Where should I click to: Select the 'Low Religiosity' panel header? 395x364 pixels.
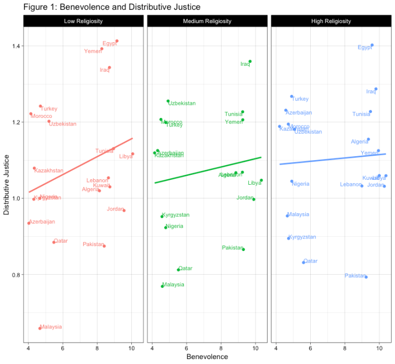[83, 21]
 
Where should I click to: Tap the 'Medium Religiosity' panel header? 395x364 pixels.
[207, 21]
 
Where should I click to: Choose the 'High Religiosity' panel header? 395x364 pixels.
[331, 21]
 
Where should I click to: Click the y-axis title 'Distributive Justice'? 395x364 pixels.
[7, 181]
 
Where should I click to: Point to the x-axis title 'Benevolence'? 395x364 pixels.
[207, 357]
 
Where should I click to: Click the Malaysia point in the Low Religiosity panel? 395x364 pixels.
[40, 328]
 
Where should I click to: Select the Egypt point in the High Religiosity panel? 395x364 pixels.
[372, 46]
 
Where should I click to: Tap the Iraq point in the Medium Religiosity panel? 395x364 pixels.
[250, 61]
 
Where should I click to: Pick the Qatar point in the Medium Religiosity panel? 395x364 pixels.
[178, 270]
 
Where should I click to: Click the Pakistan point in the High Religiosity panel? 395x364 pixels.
[366, 277]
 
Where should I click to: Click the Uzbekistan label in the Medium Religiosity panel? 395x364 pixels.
[182, 103]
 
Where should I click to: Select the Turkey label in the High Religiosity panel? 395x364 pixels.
[300, 99]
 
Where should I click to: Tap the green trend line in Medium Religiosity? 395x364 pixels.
[208, 170]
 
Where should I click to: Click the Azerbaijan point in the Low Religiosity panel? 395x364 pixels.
[28, 223]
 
